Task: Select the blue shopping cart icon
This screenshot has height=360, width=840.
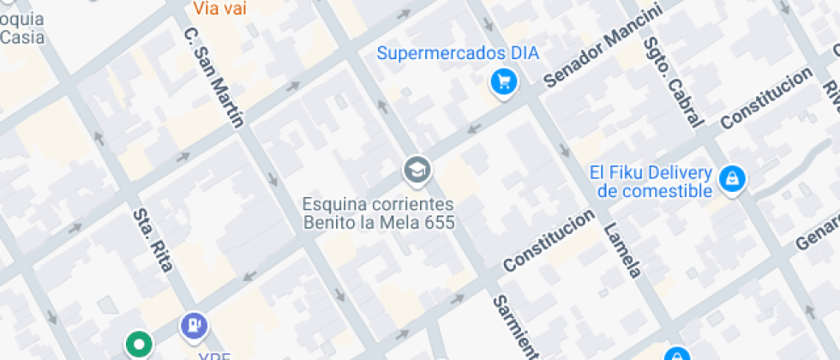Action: pyautogui.click(x=501, y=82)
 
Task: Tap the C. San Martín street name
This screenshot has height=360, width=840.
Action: pyautogui.click(x=213, y=77)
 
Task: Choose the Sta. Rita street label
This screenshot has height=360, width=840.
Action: pyautogui.click(x=152, y=239)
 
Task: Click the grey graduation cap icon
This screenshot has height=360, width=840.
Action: pyautogui.click(x=417, y=171)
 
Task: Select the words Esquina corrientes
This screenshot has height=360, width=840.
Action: pyautogui.click(x=378, y=205)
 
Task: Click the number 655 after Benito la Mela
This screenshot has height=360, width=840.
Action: pyautogui.click(x=436, y=223)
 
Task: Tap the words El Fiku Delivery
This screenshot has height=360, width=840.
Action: pyautogui.click(x=651, y=172)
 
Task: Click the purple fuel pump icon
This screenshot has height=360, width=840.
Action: pyautogui.click(x=194, y=325)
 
